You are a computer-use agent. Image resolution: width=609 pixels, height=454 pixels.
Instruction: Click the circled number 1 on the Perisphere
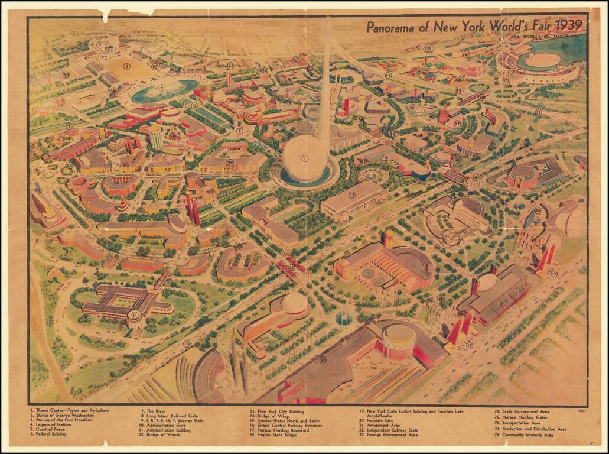point(305,158)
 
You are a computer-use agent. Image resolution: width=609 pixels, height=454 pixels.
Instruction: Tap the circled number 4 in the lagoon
point(161,87)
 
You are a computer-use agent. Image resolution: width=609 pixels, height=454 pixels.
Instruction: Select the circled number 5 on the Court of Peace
point(126,66)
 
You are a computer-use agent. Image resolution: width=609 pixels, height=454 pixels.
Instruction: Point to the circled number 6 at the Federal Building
point(100,44)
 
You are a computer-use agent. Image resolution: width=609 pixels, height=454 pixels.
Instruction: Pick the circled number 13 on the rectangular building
point(352,194)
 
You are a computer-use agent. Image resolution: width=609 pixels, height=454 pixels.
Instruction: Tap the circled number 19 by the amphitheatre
point(512,72)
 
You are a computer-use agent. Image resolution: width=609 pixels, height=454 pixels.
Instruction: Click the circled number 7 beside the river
point(69,126)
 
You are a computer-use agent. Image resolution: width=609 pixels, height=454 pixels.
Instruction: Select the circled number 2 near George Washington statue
point(239,131)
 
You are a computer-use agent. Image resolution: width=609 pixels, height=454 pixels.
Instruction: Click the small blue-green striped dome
point(344,318)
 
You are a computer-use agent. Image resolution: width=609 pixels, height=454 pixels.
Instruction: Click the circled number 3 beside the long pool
point(194,106)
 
